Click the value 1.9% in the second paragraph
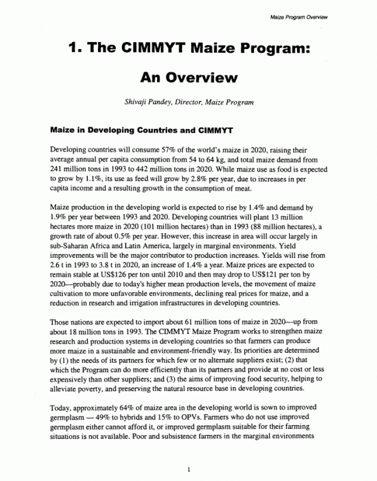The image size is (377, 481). pos(58,217)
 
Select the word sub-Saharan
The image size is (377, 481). pos(65,243)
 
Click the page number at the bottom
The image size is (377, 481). pos(188,469)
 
